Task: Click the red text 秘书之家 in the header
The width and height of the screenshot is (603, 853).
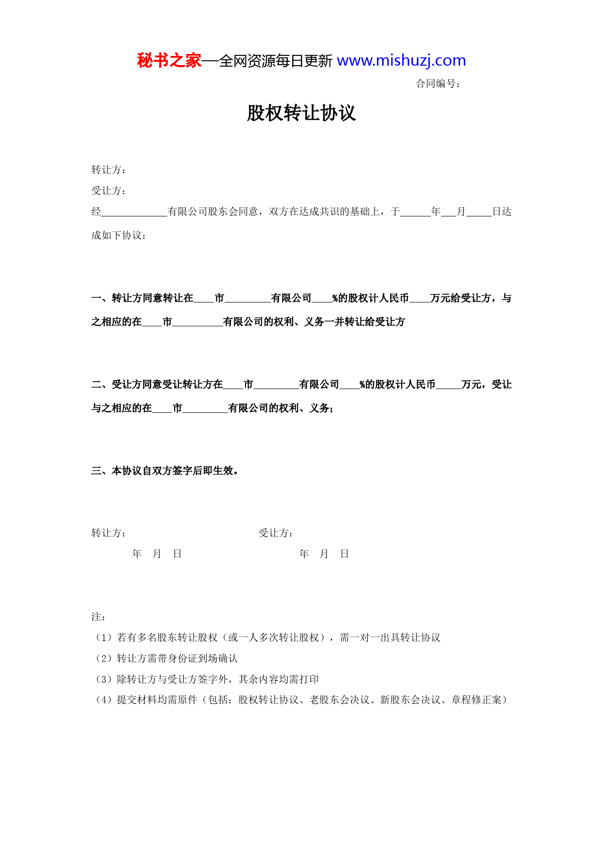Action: coord(169,61)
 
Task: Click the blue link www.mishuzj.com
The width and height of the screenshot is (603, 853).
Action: coord(401,61)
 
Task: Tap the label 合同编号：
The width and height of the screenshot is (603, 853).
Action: coord(438,84)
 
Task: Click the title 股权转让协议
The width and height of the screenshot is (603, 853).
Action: coord(301,113)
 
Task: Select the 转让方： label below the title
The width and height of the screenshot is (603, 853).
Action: coord(109,170)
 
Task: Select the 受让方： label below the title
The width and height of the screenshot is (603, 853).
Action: coord(109,191)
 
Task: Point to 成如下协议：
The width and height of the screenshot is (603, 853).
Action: coord(119,235)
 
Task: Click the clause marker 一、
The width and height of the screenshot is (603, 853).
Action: coord(101,298)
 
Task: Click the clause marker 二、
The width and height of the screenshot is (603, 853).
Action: coord(101,385)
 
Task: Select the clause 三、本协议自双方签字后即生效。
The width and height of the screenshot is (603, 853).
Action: coord(165,471)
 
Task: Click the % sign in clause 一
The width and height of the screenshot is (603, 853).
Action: coord(335,298)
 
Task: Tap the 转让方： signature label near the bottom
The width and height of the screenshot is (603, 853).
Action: coord(109,533)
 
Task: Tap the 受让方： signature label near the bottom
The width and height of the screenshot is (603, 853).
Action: coord(276,533)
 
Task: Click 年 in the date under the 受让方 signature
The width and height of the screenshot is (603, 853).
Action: coord(304,554)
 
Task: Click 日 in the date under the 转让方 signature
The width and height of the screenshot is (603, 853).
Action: coord(177,554)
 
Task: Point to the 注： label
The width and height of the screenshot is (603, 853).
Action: coord(99,617)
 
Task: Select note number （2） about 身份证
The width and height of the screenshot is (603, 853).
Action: coord(103,658)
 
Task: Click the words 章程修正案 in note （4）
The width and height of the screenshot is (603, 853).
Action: coord(476,700)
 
